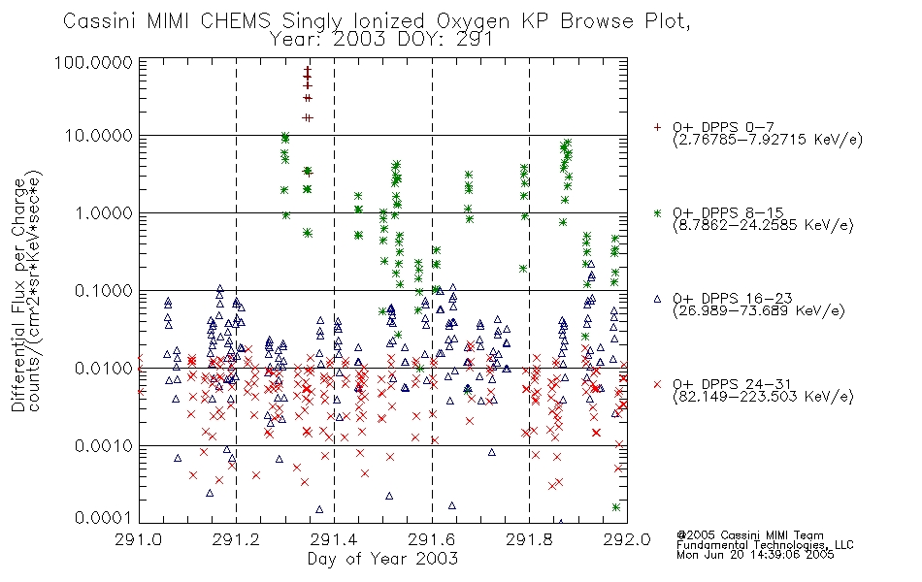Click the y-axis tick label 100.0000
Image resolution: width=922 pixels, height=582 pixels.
click(93, 62)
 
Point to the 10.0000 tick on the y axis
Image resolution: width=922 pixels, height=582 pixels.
click(99, 136)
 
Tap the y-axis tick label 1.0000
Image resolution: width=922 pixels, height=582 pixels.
click(104, 212)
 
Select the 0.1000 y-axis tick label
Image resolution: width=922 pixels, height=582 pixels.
click(104, 290)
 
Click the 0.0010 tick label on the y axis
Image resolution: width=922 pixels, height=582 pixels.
click(104, 445)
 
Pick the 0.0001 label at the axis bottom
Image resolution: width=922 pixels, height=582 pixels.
click(104, 518)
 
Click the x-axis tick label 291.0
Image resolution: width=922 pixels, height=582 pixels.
click(139, 539)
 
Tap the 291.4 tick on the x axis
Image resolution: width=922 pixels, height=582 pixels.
click(334, 539)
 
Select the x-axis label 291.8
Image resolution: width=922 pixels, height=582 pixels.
click(529, 539)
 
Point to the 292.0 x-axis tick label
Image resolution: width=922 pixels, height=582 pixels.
click(627, 539)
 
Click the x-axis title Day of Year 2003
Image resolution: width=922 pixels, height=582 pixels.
click(382, 559)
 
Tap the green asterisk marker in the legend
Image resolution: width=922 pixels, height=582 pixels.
click(657, 212)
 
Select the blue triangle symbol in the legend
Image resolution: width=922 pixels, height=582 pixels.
click(657, 299)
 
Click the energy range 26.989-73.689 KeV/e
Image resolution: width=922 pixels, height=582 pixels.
click(759, 310)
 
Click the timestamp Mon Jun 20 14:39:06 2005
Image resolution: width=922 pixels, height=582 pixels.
click(755, 555)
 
